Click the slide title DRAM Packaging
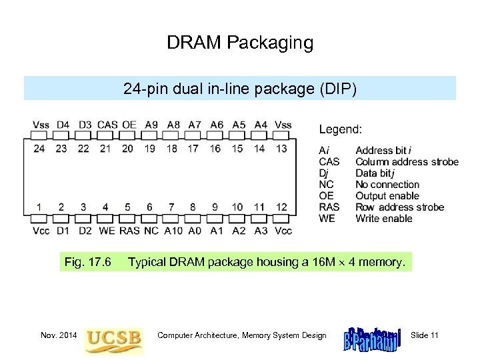[x=240, y=43]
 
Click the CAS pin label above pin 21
[x=107, y=125]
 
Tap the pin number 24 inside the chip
[x=39, y=148]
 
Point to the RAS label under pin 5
[x=129, y=231]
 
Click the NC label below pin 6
[x=151, y=231]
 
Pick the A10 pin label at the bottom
[x=172, y=231]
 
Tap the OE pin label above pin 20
[x=129, y=125]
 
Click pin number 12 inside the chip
[x=281, y=207]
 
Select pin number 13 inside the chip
[x=281, y=148]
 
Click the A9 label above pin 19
[x=151, y=125]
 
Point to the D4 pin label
[x=63, y=125]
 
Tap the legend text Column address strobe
[x=407, y=162]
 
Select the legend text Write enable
[x=384, y=219]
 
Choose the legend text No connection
[x=387, y=185]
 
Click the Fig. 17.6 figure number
[x=87, y=262]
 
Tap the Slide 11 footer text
[x=425, y=335]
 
